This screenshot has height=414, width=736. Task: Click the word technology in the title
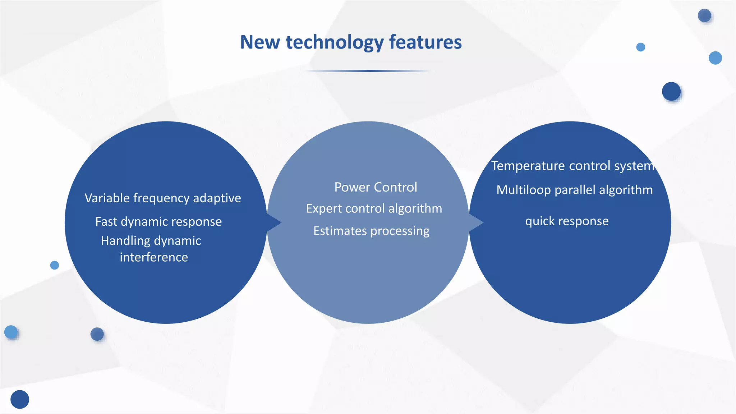335,42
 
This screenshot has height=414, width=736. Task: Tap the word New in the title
260,42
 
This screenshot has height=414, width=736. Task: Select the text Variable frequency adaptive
163,198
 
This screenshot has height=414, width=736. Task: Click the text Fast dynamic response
158,221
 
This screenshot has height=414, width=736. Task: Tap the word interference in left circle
154,257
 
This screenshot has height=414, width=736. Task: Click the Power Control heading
376,187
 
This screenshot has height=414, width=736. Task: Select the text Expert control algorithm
374,208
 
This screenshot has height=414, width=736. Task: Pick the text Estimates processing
371,231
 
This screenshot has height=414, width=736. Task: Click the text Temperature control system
572,166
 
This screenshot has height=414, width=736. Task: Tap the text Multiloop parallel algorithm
574,190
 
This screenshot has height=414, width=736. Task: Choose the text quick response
567,221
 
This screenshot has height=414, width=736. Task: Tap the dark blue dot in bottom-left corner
20,399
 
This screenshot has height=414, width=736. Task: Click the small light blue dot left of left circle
55,265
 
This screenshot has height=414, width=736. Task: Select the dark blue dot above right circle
671,91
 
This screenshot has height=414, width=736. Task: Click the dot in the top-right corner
704,15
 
